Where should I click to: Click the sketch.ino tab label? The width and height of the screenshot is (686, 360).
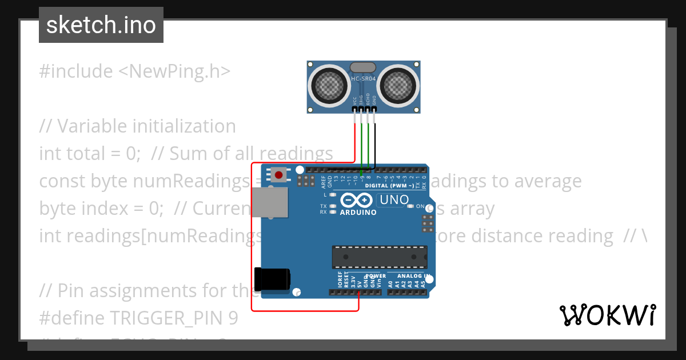101,25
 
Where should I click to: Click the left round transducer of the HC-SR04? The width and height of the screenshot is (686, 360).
329,86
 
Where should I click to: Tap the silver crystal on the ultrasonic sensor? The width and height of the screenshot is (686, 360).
363,68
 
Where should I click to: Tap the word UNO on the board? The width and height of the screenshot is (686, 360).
394,200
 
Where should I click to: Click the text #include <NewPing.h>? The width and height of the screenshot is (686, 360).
135,71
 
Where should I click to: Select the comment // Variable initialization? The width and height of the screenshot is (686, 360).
137,126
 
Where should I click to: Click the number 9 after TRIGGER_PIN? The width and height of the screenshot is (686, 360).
233,318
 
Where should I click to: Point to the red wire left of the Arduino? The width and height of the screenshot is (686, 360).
252,240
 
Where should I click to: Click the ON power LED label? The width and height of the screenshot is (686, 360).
420,206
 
